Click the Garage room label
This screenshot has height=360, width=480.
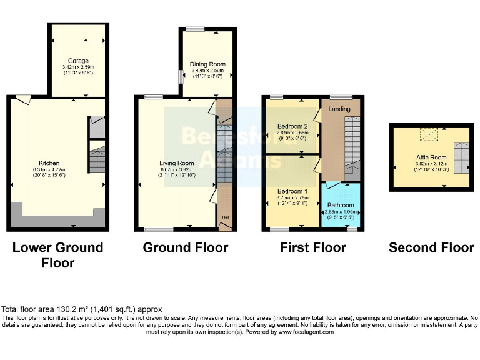click(78, 61)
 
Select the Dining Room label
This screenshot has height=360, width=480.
click(207, 64)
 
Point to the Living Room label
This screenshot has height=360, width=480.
click(177, 162)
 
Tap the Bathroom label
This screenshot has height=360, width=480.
click(341, 205)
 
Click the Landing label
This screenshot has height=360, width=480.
click(340, 109)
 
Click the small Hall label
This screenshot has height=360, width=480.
click(224, 216)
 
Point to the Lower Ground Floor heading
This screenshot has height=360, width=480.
click(58, 255)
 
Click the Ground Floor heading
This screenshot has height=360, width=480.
click(186, 247)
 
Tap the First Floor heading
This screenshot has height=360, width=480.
click(313, 247)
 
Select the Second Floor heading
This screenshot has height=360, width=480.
click(431, 247)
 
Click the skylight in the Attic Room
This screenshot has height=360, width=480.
click(429, 133)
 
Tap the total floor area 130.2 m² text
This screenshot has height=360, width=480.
click(82, 309)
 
